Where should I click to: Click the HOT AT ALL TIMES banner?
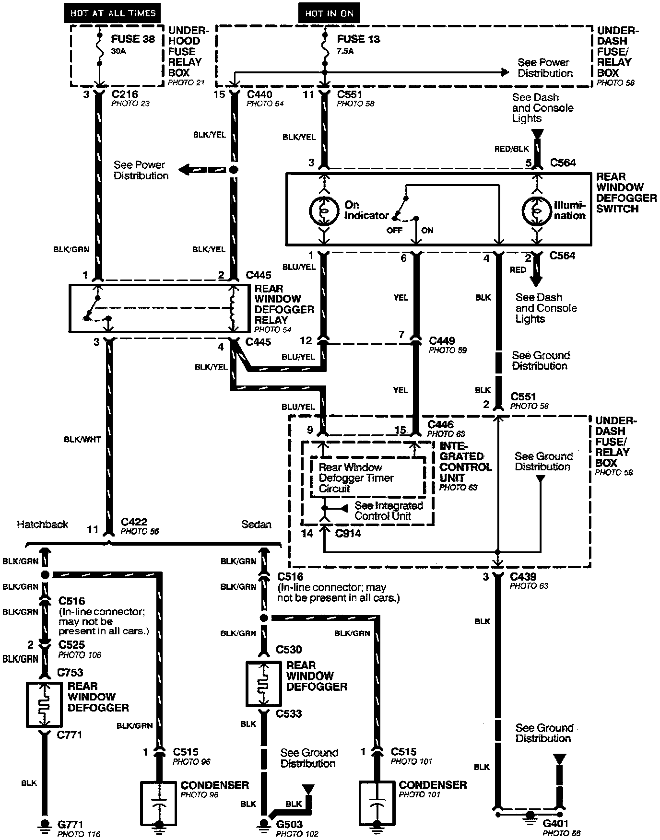point(113,13)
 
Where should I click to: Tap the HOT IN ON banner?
point(329,13)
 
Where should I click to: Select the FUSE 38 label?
point(133,39)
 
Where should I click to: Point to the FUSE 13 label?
point(358,39)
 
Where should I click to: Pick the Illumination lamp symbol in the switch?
point(536,210)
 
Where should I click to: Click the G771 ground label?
point(70,824)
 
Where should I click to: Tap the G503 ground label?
point(289,824)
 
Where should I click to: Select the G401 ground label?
point(555,823)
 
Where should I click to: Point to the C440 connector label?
point(259,94)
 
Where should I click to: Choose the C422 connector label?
point(134,522)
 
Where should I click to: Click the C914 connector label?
point(348,533)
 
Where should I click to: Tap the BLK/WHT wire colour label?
point(82,439)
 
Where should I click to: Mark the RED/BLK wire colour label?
point(511,149)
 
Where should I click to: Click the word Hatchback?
point(43,524)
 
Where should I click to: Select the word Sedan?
point(256,524)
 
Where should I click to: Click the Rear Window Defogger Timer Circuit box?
point(368,478)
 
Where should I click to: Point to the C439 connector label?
point(523,576)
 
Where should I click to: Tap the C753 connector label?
point(70,672)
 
